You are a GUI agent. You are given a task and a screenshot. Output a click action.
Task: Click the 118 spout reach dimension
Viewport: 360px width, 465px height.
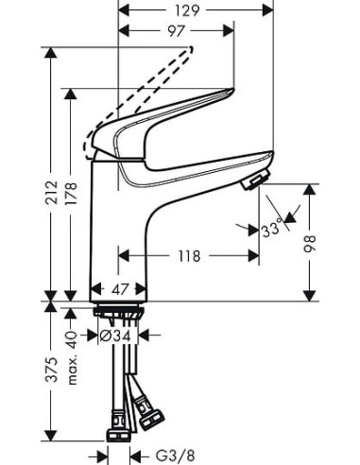188,254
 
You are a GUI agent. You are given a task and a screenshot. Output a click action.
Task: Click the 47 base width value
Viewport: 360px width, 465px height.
120,291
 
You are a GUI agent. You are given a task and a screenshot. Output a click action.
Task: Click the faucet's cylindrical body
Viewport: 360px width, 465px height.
119,227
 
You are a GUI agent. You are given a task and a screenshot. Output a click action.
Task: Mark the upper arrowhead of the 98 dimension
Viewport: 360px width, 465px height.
307,188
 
